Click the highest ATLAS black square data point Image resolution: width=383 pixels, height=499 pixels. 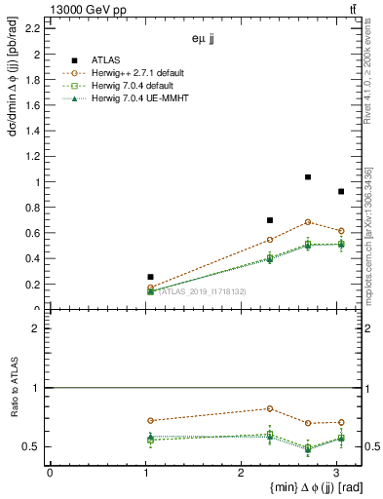[x=308, y=177]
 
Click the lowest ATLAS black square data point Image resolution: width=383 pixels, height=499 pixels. [x=150, y=277]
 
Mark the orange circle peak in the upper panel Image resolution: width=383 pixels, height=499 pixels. [x=308, y=222]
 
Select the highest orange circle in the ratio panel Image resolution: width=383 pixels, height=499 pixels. [x=270, y=408]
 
